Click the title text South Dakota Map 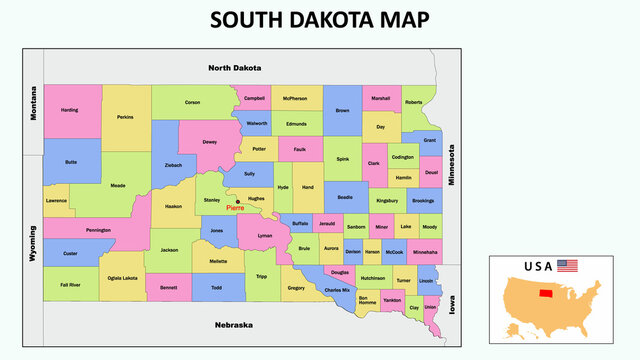319,19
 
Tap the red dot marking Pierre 238,201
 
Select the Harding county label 69,110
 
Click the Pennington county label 98,230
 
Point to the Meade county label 118,185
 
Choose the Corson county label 192,102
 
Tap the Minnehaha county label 424,252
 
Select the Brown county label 343,110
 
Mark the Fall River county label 70,285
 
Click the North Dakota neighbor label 234,68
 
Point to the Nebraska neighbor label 234,325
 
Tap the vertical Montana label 33,103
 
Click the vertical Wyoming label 33,242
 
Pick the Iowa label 452,304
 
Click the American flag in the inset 568,266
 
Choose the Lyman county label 264,236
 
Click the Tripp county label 261,276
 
